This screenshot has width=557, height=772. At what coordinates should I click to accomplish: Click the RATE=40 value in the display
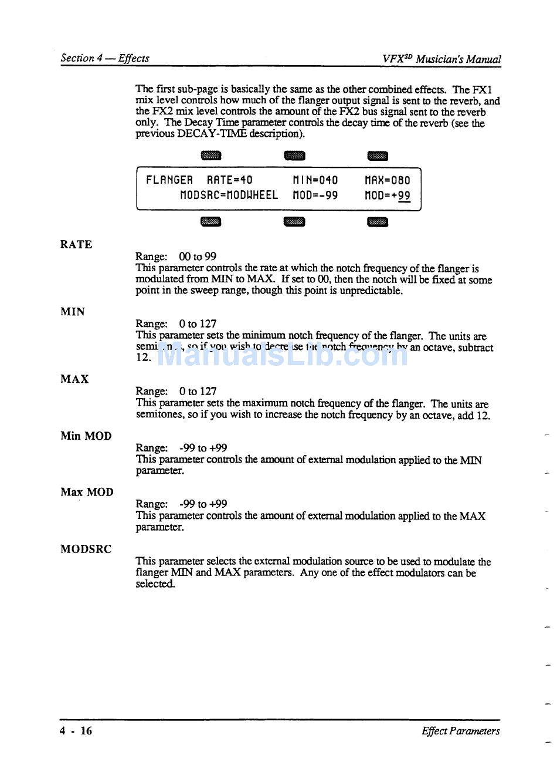[229, 180]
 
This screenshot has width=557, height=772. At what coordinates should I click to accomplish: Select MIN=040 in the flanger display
[315, 180]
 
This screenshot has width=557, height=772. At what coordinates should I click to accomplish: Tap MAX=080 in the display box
[387, 180]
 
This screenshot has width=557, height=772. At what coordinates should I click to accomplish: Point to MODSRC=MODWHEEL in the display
[229, 195]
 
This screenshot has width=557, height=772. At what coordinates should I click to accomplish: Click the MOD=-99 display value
[315, 195]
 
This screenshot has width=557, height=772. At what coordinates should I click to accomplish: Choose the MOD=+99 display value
[387, 195]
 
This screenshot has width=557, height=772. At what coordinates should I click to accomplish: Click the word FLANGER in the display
[169, 180]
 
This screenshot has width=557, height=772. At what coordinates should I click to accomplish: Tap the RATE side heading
[76, 245]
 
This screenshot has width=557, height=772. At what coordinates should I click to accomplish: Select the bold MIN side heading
[73, 312]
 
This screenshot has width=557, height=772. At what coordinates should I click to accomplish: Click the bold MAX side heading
[74, 379]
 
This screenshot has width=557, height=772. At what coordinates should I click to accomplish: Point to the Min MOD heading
[86, 436]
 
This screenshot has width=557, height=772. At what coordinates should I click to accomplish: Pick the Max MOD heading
[87, 493]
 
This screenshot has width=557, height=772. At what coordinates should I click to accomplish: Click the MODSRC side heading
[86, 549]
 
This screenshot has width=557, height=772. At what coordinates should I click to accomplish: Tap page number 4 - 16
[76, 731]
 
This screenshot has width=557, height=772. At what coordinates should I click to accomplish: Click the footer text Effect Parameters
[460, 731]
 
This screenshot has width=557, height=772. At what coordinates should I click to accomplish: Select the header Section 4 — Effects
[105, 58]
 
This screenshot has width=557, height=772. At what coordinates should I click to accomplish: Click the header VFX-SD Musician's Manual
[441, 59]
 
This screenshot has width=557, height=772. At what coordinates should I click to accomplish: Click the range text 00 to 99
[198, 257]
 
